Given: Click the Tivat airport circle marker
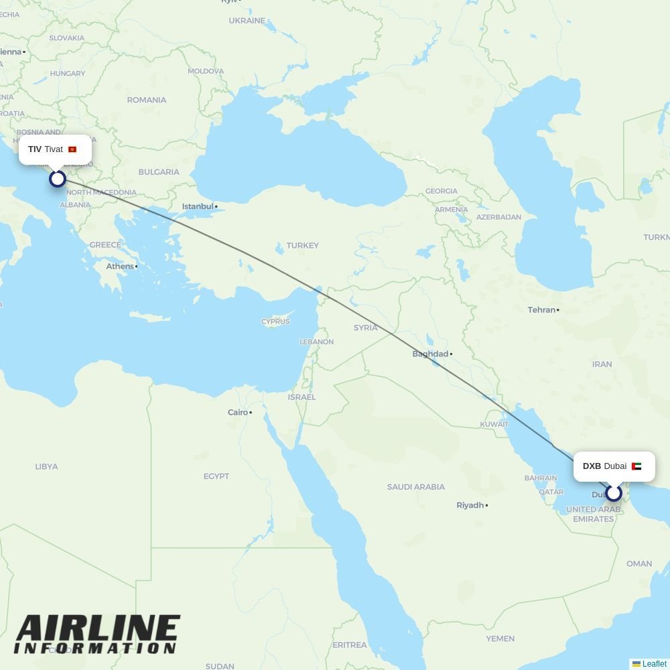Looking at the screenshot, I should coord(58,178).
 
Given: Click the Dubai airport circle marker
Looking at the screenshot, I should coord(614,494).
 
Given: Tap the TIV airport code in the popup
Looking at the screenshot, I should coord(35,149).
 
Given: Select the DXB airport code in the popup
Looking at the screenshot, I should coord(592,466).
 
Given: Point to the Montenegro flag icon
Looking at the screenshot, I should coord(72,149).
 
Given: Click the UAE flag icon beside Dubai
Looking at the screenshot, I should coord(636,466).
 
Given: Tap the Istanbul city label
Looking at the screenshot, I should coord(198,206).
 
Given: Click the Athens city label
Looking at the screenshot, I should coord(120,266).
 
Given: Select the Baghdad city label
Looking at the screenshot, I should coord(430,354).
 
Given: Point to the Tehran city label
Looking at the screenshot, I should coord(541,310).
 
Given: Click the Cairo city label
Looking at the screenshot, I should coord(238,412).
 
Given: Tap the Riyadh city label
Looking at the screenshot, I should coord(470,505).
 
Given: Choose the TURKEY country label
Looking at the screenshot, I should coord(303,245).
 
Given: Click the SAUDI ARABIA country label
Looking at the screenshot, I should coord(415,486).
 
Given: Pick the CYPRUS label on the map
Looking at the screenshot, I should coord(275,322).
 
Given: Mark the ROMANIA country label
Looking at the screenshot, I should coord(146,100).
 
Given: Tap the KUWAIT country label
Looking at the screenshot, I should coord(494,424).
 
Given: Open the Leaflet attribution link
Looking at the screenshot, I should coord(654,664).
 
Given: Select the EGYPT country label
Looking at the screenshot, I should coord(216,476).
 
